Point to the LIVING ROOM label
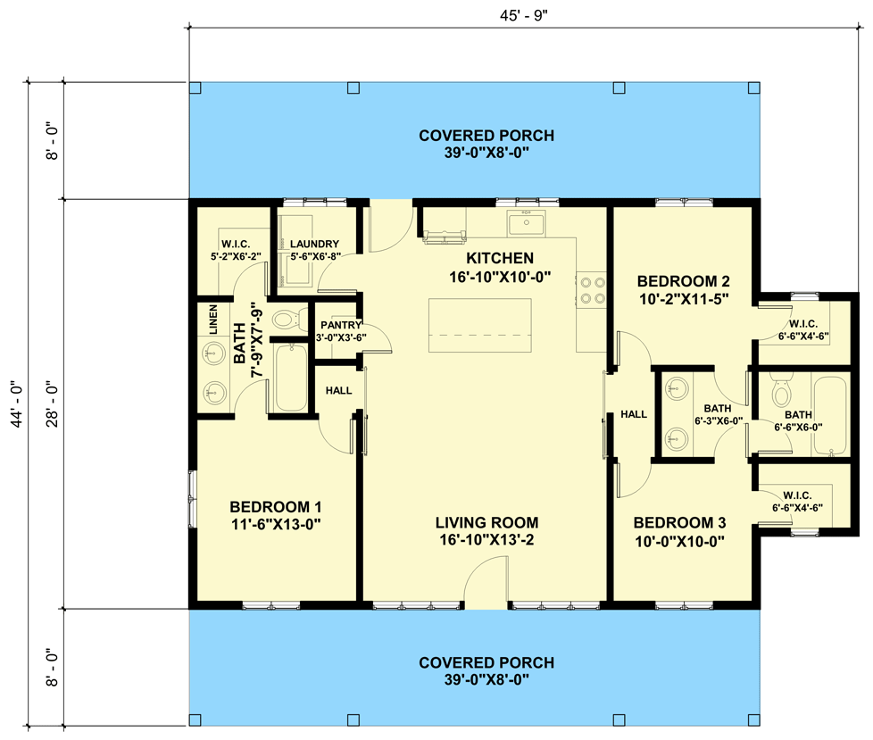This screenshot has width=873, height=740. [486, 522]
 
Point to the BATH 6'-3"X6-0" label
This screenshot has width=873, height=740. [717, 415]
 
